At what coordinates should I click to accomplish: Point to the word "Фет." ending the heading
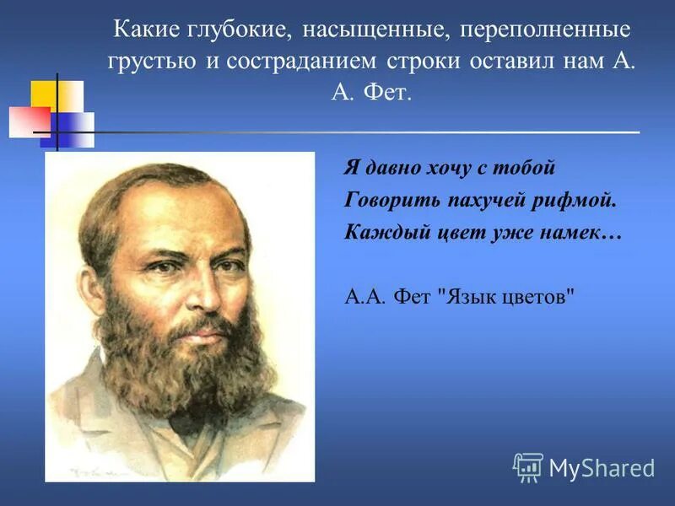point(386,93)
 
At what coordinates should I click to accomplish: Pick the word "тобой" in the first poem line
point(527,168)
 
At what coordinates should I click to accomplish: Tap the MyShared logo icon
point(527,466)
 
